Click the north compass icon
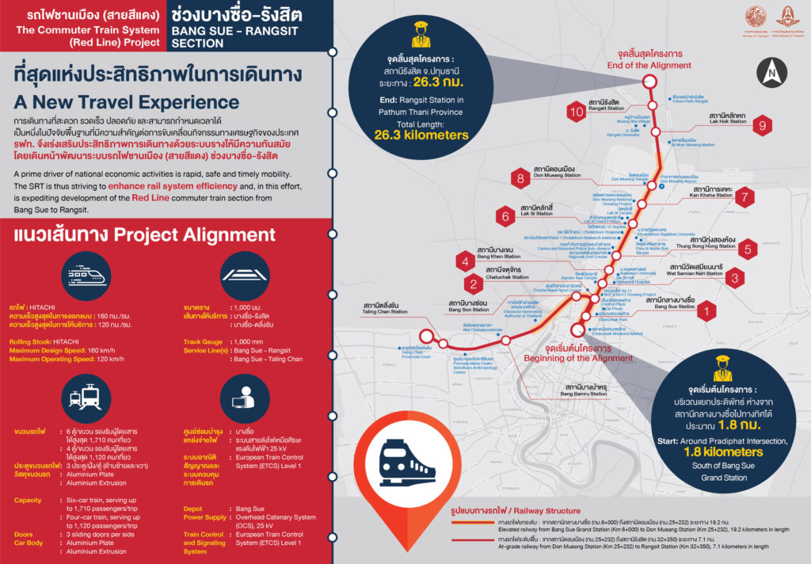[x=772, y=74]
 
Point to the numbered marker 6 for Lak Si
[x=504, y=215]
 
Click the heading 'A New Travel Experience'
[x=126, y=103]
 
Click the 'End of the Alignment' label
[x=649, y=65]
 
